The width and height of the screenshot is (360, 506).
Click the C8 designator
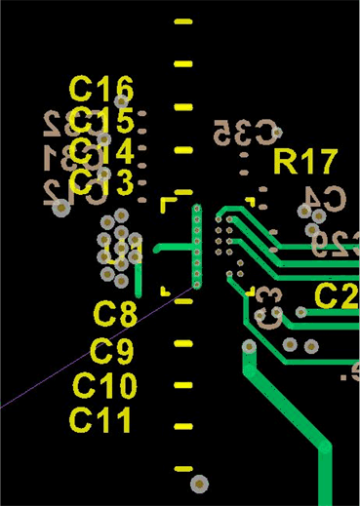click(115, 314)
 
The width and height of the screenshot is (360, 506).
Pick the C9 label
click(111, 351)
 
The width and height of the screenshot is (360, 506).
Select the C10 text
click(104, 386)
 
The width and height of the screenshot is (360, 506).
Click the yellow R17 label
click(305, 162)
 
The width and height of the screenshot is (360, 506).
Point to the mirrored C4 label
click(323, 198)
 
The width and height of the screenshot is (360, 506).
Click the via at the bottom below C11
click(199, 483)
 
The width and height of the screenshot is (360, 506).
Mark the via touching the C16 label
click(122, 100)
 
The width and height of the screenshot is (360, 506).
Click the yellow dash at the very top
click(182, 22)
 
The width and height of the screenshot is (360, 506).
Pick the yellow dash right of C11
click(182, 428)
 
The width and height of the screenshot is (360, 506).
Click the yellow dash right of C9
click(182, 343)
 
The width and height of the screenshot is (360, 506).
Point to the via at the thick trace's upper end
click(250, 346)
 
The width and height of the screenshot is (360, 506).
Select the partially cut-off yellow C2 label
click(337, 296)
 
